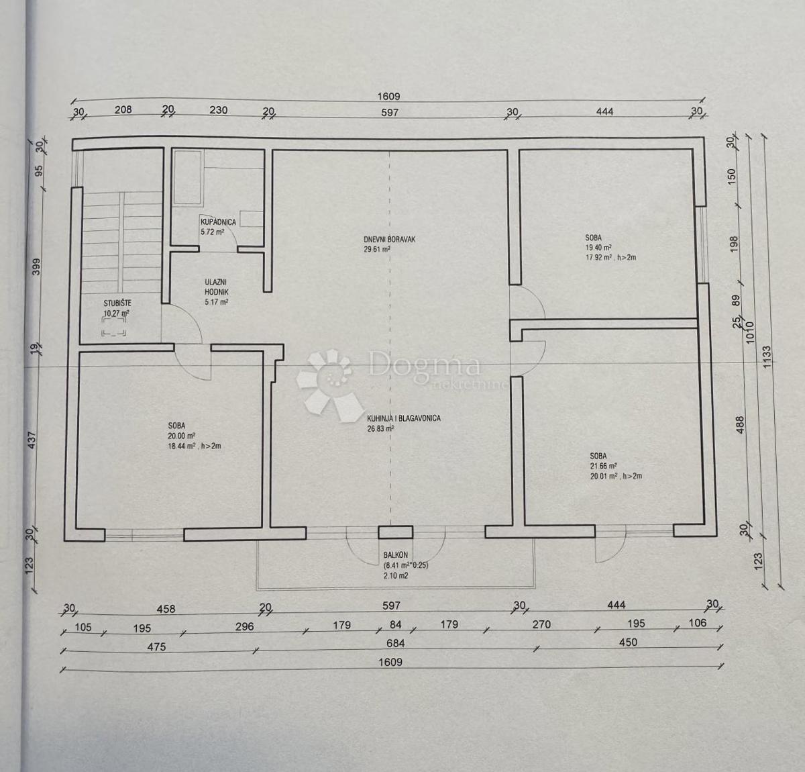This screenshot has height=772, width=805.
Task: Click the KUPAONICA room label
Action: click(217, 222)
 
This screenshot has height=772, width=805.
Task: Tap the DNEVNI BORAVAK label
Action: click(385, 238)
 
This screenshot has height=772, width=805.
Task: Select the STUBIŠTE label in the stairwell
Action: click(117, 303)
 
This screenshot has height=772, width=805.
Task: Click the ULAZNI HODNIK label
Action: click(217, 288)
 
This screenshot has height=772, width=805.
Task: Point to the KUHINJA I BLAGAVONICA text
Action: click(403, 418)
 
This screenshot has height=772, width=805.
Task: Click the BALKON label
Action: click(395, 555)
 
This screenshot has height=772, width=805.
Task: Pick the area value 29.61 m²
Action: click(376, 248)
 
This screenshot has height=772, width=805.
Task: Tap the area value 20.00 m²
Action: click(177, 435)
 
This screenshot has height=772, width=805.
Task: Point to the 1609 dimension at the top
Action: click(389, 97)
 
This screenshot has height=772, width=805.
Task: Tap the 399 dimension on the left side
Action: click(37, 267)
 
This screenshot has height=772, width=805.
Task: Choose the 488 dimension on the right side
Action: click(741, 425)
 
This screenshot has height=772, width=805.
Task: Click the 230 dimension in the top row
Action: click(219, 110)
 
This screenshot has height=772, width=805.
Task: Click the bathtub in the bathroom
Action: click(188, 178)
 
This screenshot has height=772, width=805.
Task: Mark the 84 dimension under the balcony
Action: click(395, 625)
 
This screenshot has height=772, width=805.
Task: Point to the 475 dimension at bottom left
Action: click(156, 646)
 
